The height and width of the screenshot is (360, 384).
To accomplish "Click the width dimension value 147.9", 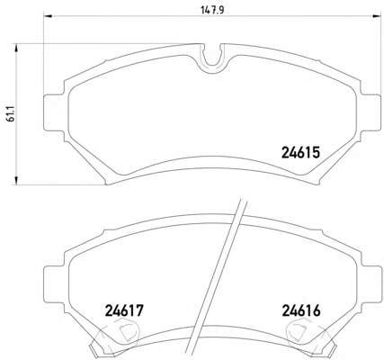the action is point(212,10).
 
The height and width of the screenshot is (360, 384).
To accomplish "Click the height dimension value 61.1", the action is point(12,114).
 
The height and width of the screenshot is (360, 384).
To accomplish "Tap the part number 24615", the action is point(301,152).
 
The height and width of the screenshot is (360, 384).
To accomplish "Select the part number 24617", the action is point(124,310).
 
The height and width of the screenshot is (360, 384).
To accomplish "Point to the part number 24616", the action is point(301,310).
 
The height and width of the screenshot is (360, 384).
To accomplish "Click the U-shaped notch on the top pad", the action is point(212,57).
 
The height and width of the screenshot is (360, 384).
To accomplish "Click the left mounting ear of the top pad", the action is point(54,112).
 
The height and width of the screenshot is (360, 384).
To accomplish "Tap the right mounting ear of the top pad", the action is point(371,112).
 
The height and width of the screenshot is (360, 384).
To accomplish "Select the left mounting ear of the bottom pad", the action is point(54,284).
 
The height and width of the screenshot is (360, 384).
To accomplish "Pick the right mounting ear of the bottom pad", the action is point(371,284).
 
